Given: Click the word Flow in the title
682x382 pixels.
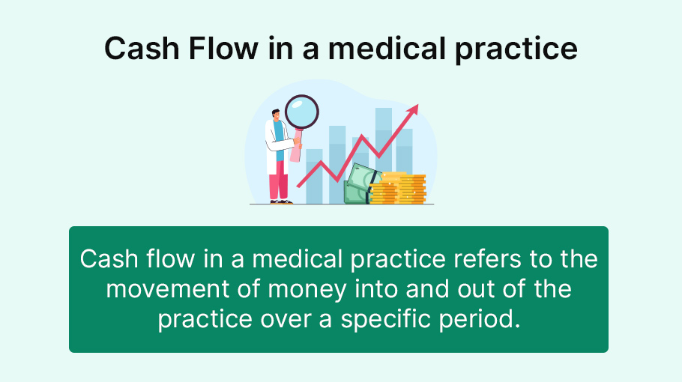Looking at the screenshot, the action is (x=223, y=48).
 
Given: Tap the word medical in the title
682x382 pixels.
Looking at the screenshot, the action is (x=387, y=48).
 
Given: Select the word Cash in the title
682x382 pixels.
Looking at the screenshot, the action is (x=142, y=48).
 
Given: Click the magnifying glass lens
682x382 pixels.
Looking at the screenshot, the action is (x=302, y=112).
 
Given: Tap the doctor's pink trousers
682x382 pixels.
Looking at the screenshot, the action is (x=278, y=180).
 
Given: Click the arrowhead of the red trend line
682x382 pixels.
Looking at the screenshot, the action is (x=412, y=110).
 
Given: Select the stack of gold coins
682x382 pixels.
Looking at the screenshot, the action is (x=397, y=188).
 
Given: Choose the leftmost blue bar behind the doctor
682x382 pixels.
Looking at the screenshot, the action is (x=314, y=176).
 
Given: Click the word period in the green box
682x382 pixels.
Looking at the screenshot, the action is (x=480, y=319).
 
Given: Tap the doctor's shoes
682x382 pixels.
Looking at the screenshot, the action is (x=281, y=202).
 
